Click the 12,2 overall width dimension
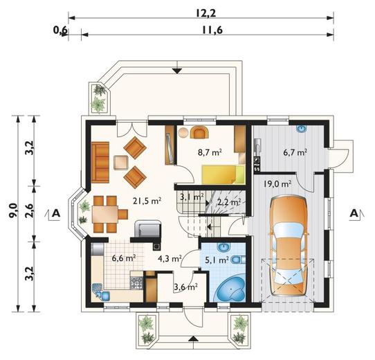pos(205,13)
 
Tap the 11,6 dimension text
pos(212,30)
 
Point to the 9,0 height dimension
pos(13,210)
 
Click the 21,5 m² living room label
pos(147,201)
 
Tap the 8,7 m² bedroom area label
pos(210,152)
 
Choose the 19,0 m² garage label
pos(277,184)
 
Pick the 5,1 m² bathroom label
pos(217,259)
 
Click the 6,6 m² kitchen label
pos(124,258)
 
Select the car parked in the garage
pos(289,246)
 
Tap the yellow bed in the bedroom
pos(223,174)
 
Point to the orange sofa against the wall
pos(100,162)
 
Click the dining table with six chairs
pos(109,214)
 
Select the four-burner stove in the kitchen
pos(136,282)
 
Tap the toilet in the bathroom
pos(238,259)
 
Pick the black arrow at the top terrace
pos(177,71)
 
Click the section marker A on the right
pos(354,213)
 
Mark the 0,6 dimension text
pos(61,30)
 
